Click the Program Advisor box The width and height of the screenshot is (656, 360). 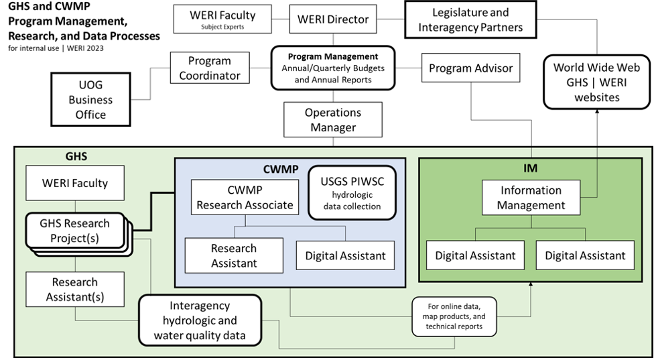(x=470, y=68)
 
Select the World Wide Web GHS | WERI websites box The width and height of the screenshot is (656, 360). (x=596, y=82)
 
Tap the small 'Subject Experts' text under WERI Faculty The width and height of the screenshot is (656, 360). (x=222, y=27)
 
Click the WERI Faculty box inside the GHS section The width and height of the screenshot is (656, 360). (x=75, y=182)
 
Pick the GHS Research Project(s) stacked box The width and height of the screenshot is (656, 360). (x=75, y=230)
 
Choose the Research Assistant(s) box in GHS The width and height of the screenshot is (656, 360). (x=75, y=289)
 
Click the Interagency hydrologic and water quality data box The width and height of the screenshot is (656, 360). (x=199, y=320)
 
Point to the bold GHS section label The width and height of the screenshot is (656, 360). (x=76, y=156)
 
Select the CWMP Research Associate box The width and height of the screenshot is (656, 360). (x=244, y=197)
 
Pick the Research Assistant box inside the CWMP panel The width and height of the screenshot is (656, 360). (x=234, y=255)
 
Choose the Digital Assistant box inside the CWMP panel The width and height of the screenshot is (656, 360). (x=345, y=255)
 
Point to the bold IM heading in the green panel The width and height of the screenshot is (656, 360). (x=530, y=168)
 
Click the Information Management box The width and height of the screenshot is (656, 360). (x=531, y=198)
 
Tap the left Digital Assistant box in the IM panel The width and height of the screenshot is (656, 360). (x=475, y=255)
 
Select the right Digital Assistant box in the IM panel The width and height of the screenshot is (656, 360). (x=585, y=255)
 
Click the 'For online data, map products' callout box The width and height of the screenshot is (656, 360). (x=456, y=316)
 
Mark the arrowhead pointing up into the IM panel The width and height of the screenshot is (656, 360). (x=531, y=286)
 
